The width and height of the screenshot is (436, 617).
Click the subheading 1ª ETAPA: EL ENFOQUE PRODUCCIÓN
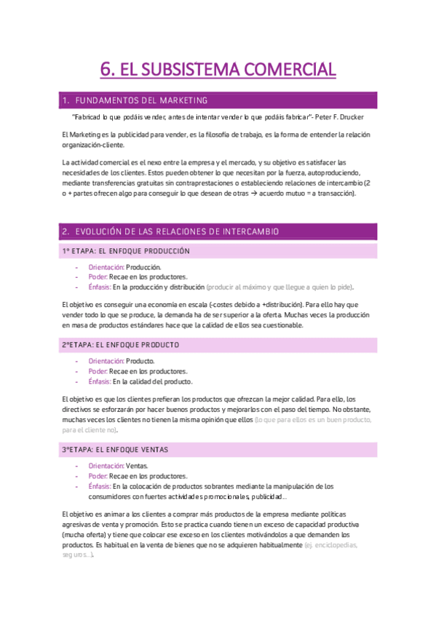126,251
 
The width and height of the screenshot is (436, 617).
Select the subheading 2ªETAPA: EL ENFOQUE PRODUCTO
121,344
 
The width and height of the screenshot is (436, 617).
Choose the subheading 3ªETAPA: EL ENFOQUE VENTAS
116,450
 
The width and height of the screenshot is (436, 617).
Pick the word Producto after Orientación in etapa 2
140,361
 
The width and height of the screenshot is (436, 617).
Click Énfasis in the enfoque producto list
99,381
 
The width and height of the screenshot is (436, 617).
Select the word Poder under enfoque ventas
98,476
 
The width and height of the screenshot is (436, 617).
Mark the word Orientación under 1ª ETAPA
106,267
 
